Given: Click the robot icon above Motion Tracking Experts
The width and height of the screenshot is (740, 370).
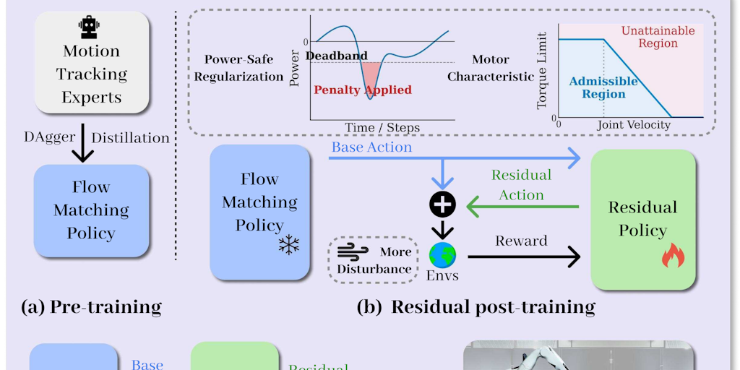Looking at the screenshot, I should click(89, 27).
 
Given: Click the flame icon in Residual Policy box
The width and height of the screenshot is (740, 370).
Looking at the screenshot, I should click(672, 256).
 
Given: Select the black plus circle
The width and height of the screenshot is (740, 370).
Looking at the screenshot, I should click(442, 205).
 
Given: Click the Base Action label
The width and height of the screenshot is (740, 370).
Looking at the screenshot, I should click(371, 147).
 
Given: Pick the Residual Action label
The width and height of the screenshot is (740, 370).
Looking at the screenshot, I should click(521, 185).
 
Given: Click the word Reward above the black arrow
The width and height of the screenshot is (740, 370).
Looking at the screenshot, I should click(521, 241).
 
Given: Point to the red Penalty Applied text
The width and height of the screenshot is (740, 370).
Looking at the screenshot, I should click(363, 90).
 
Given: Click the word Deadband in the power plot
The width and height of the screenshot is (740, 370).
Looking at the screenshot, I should click(337, 56).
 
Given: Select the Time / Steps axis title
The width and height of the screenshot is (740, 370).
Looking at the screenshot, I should click(382, 127).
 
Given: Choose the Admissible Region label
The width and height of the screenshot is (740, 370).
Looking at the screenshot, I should click(603, 87).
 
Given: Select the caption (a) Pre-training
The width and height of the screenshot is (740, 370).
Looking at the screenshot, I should click(91, 307).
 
